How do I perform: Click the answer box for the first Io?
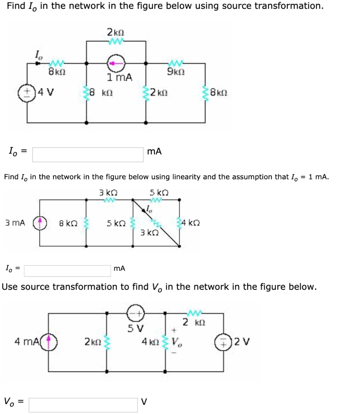[88, 154]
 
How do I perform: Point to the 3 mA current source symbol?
[41, 223]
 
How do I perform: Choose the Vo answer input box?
[83, 405]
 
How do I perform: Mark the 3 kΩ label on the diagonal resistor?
[148, 232]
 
